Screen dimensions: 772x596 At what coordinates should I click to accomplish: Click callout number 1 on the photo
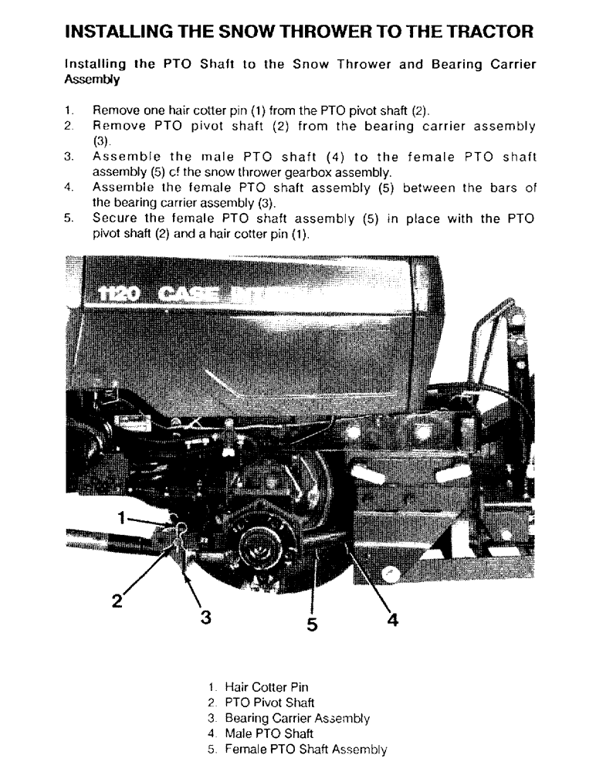click(x=121, y=518)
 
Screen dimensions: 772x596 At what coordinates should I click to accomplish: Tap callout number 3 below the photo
click(x=205, y=617)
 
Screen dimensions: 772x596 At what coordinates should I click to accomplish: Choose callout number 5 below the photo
click(x=312, y=624)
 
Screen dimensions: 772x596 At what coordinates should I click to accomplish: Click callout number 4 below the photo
click(x=392, y=618)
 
